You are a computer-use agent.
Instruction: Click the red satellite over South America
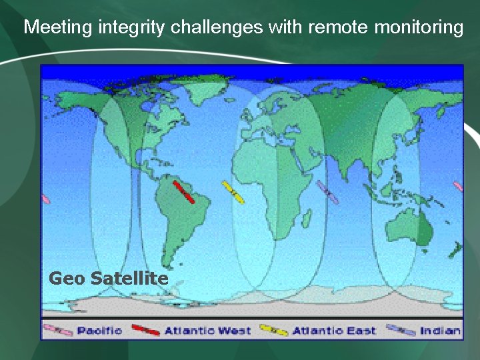coord(184,192)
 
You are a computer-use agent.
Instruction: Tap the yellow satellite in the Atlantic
coord(233,192)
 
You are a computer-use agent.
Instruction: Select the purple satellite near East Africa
coord(328,192)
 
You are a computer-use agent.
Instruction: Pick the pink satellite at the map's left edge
coord(45,199)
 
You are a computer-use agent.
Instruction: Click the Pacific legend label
coord(99,331)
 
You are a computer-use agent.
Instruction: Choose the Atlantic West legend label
coord(207,331)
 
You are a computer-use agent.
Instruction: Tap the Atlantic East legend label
coord(334,331)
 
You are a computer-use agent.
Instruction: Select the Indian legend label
coord(440,331)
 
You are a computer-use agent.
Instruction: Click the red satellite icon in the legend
coord(146,330)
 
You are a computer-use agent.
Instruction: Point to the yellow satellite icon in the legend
coord(273,330)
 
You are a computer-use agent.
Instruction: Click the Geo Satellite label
coord(109,278)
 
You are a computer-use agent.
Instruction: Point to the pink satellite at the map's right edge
coord(458,186)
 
